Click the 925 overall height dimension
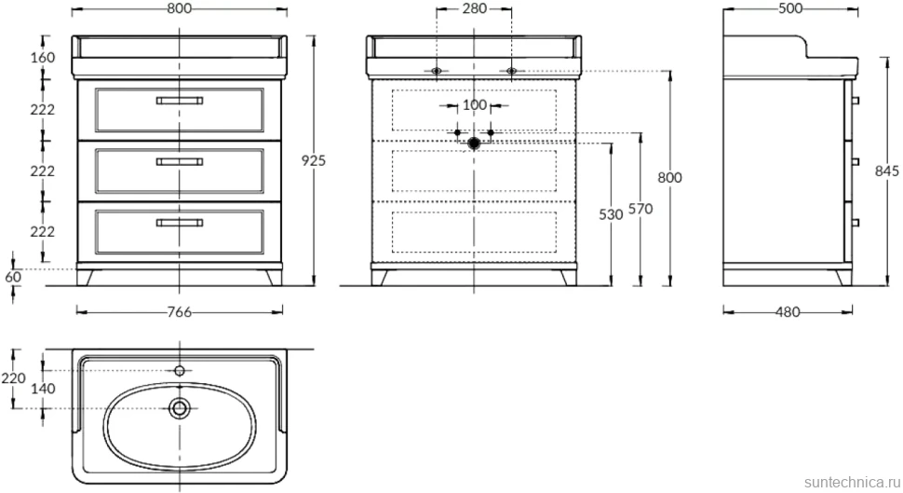[x=314, y=160]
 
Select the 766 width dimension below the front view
[x=179, y=312]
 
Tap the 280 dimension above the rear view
[x=474, y=8]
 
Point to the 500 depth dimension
[x=790, y=8]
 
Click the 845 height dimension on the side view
[x=887, y=171]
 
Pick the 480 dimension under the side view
[x=788, y=312]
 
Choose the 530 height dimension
[x=611, y=214]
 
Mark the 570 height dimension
[x=640, y=209]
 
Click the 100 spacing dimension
[x=475, y=105]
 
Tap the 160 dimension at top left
[x=43, y=58]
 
